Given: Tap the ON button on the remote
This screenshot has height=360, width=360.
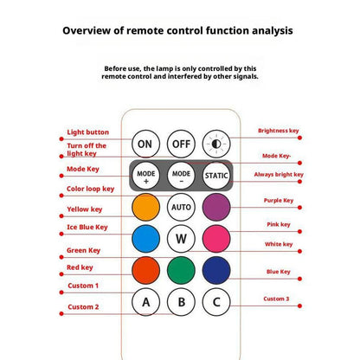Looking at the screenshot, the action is tap(145, 144).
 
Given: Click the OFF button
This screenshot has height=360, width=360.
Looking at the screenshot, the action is tap(181, 144).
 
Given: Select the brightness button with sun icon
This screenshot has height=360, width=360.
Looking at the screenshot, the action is tap(216, 144).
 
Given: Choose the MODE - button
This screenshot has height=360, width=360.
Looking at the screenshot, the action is tap(181, 176).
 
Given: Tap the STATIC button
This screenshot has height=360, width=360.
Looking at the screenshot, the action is tap(216, 176).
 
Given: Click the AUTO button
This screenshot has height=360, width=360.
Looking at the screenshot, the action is tap(181, 207).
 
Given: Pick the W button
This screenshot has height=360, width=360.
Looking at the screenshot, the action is tap(181, 239).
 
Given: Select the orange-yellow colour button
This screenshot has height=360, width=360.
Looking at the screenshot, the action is tap(145, 207).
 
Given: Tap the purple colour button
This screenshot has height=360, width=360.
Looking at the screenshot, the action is tap(216, 207).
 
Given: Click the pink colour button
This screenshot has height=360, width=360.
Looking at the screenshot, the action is tap(216, 239).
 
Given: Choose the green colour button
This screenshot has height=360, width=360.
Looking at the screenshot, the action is tap(181, 271).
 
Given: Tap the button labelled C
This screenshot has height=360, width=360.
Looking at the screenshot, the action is tap(216, 302).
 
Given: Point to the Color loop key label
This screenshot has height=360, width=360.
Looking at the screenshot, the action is tap(91, 189).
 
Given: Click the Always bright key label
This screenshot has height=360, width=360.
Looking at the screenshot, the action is tap(279, 175).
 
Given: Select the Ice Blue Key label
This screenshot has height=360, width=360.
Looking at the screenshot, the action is tap(87, 228).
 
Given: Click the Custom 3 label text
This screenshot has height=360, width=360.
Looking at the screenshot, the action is tap(276, 299).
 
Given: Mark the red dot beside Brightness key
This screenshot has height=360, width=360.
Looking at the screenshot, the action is tap(299, 138).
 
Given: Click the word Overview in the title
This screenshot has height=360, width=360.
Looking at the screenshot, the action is tap(87, 30).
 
